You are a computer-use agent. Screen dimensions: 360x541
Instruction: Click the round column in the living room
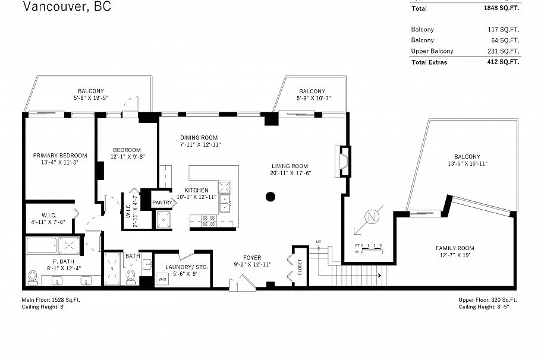point(270,197)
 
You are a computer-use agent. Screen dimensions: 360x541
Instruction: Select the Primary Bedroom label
point(56,154)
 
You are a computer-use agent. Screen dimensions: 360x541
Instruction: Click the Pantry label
point(162,203)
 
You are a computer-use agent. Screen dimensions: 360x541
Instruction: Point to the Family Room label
point(455,248)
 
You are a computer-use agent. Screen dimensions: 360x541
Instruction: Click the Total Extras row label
point(429,62)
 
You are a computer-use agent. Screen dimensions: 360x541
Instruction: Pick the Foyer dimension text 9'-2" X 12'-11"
point(253,264)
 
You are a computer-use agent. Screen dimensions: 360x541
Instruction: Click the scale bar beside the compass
point(369,248)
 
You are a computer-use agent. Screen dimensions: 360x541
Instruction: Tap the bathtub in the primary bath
point(41,245)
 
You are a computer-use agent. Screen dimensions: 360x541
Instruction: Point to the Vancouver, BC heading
point(67,7)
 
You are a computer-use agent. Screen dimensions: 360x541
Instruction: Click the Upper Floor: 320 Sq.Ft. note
point(487,300)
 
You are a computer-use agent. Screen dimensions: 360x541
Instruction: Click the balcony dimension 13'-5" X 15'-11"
point(471,164)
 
